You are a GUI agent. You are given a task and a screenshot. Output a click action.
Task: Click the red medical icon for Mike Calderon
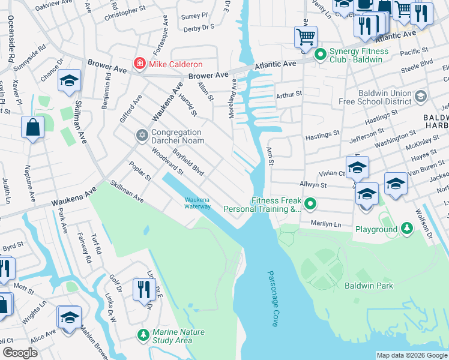[140, 63]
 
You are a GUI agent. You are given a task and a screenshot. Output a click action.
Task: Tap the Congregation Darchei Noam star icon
[142, 134]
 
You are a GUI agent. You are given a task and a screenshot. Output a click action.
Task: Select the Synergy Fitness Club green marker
[321, 55]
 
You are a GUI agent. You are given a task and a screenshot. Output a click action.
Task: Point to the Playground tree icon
[407, 229]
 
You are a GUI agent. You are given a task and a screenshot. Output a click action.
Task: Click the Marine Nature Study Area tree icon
[143, 334]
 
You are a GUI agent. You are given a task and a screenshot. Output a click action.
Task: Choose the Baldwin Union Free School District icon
[421, 96]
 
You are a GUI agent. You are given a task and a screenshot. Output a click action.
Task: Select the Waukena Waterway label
[197, 203]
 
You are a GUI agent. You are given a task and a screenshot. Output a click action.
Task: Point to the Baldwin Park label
[369, 286]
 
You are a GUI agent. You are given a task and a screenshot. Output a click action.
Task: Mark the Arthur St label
[289, 94]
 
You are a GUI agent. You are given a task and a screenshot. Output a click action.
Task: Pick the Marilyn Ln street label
[326, 223]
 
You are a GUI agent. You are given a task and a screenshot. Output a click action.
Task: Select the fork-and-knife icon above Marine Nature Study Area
[144, 290]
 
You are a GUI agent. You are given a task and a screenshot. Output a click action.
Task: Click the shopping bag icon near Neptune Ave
[32, 127]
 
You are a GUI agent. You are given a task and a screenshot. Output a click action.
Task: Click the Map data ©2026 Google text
[411, 355]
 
